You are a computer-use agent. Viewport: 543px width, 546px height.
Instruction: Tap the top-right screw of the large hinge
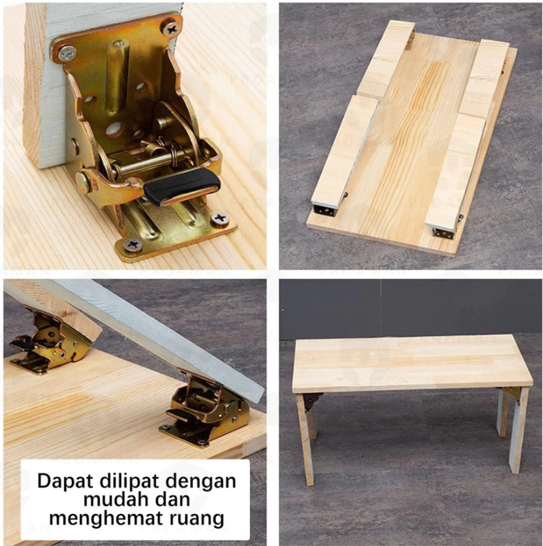[x=172, y=28]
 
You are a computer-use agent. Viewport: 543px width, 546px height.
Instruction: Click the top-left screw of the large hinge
[x=67, y=54]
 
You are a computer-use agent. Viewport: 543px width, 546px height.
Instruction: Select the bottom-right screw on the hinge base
[x=221, y=218]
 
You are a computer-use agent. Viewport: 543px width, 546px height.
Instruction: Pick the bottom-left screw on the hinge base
[x=133, y=245]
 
